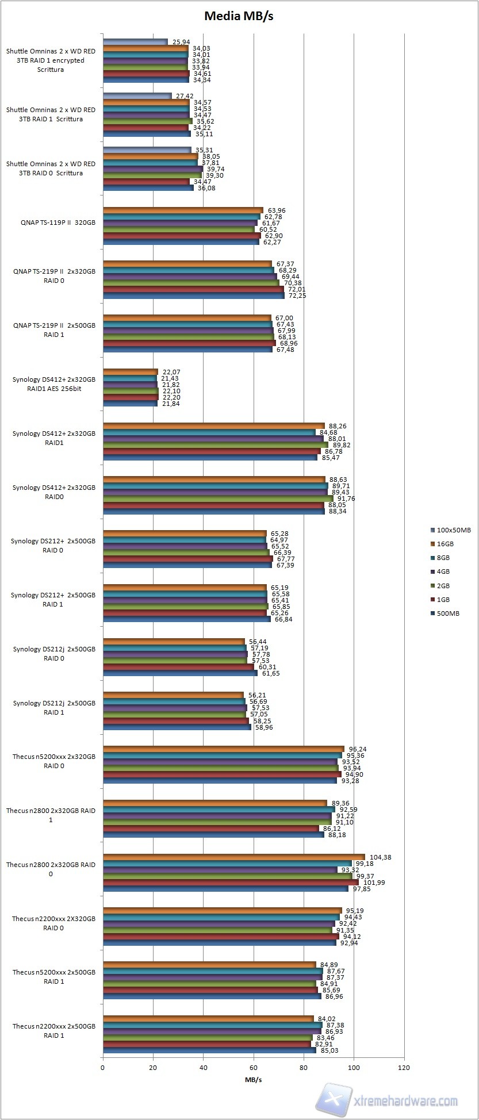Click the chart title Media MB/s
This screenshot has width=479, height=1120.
point(239,16)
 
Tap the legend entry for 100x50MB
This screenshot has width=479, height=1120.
point(453,530)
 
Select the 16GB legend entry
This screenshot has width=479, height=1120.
point(445,544)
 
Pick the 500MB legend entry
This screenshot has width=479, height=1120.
point(448,613)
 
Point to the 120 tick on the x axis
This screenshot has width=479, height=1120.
point(404,1068)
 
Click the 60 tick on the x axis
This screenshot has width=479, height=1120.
point(254,1068)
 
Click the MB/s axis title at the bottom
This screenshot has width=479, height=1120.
point(253,1079)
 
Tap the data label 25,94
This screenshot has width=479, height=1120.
point(181,42)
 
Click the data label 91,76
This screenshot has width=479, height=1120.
point(346,498)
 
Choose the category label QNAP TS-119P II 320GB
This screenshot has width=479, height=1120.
point(54,223)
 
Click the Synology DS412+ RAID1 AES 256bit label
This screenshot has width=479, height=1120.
point(54,384)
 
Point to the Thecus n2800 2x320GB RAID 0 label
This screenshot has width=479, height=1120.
point(51,869)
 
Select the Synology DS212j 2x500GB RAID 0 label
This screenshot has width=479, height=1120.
point(54,654)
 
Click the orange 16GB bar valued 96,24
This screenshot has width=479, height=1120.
point(223,749)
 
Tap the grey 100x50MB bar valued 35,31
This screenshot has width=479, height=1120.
point(147,150)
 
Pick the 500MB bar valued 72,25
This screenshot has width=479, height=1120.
point(193,296)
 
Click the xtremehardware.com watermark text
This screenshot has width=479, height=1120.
point(406,1102)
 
